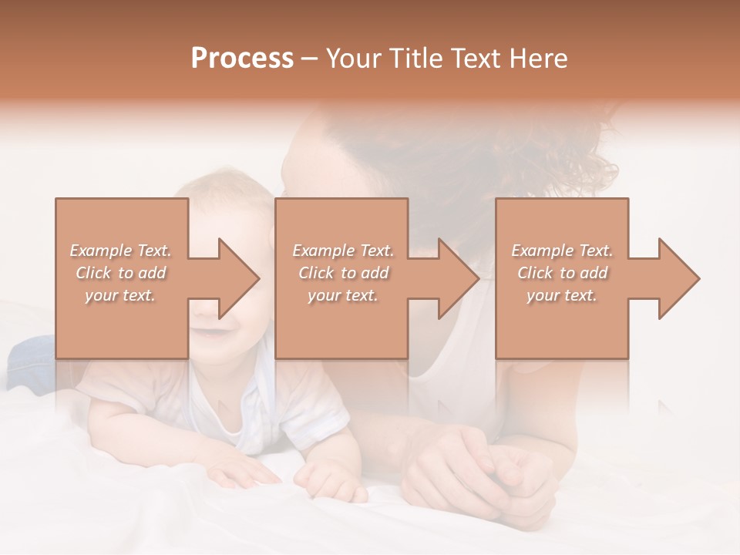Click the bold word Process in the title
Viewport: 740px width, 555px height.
(x=242, y=59)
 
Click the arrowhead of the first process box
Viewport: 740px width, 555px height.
(x=239, y=278)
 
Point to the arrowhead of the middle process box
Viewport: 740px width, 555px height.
(x=459, y=278)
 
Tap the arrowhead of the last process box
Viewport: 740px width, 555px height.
(x=679, y=278)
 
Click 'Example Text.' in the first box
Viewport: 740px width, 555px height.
(x=121, y=251)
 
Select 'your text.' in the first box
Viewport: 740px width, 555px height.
(x=121, y=295)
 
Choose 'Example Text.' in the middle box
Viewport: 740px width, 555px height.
(x=343, y=251)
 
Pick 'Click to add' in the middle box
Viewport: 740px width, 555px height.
(x=343, y=273)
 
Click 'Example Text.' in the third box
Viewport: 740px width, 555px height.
(x=562, y=251)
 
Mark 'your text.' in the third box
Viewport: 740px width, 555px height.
(x=562, y=295)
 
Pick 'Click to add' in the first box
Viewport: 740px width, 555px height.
(x=121, y=273)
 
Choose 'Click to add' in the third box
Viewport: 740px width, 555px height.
(x=562, y=273)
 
